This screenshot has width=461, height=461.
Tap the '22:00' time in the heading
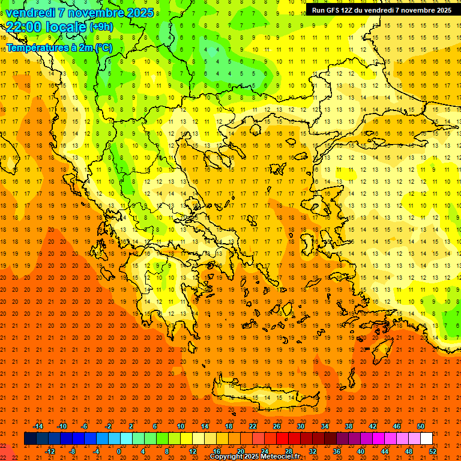(23, 27)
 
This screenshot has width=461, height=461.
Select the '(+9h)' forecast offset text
(100, 27)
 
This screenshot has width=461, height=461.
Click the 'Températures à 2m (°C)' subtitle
(59, 47)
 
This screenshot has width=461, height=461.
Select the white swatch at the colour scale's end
(426, 439)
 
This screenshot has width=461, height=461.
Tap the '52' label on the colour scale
(433, 451)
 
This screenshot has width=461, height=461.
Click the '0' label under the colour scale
(119, 451)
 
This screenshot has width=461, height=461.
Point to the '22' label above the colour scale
(253, 426)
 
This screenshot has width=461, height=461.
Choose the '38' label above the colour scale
(348, 426)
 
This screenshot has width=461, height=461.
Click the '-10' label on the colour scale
(61, 426)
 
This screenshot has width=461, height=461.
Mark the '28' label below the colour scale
(288, 451)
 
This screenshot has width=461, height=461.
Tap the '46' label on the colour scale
(396, 426)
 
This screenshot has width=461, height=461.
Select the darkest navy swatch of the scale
(30, 439)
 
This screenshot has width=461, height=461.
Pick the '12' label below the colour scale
(193, 451)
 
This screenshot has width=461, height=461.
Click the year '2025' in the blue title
(136, 13)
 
